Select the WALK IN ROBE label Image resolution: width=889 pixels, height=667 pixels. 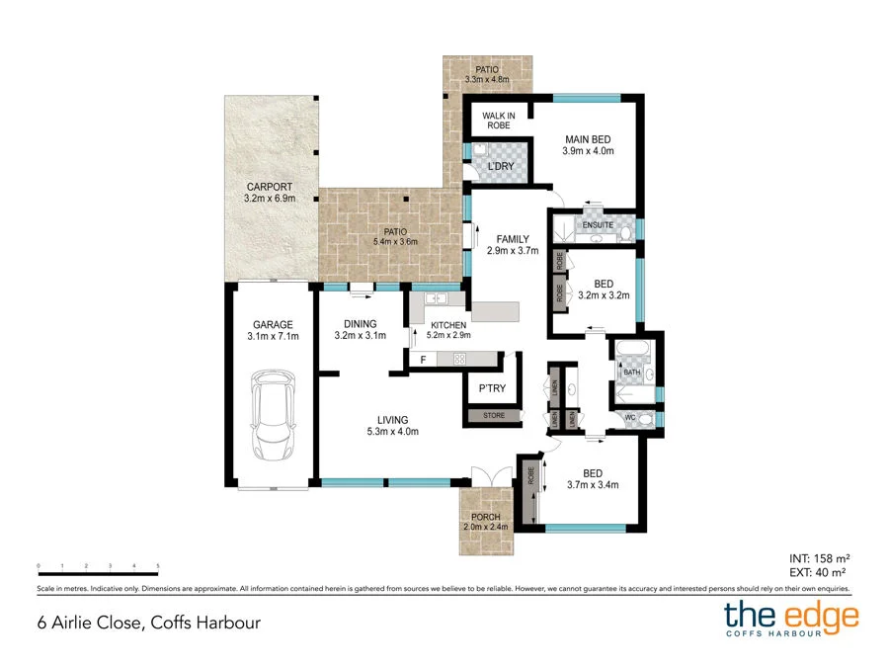[499, 122]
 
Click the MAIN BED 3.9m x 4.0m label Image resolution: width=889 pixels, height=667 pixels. [590, 145]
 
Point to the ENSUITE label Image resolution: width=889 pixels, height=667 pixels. [598, 225]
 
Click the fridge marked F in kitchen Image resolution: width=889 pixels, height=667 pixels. [424, 359]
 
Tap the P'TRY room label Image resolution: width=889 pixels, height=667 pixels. [493, 388]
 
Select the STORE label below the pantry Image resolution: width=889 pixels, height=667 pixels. [494, 416]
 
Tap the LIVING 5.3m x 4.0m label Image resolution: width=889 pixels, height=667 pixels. [392, 425]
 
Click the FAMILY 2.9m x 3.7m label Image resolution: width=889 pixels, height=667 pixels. [513, 245]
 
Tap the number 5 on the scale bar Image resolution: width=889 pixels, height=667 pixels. [158, 566]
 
